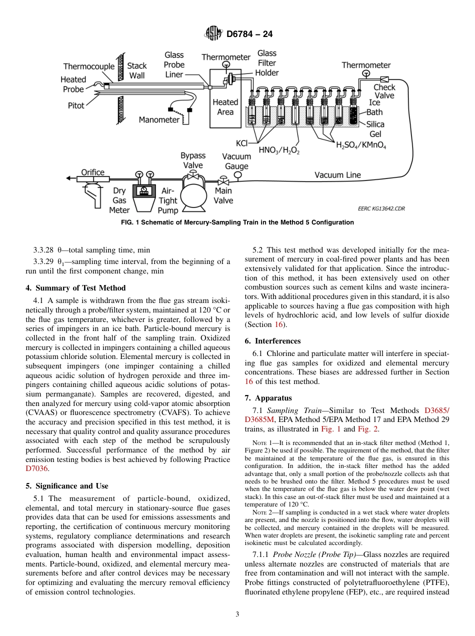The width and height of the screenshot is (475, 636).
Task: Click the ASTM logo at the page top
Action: [213, 34]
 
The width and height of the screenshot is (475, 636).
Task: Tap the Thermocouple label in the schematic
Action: [88, 66]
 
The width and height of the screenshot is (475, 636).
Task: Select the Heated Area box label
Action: [225, 107]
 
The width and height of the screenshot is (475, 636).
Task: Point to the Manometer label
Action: [159, 120]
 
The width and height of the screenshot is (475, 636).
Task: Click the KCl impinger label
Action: [241, 143]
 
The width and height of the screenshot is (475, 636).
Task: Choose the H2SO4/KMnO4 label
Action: [361, 145]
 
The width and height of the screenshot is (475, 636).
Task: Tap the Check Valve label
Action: [384, 91]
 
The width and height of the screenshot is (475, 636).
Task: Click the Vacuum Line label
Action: [337, 175]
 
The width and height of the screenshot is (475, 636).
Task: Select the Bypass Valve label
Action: [192, 161]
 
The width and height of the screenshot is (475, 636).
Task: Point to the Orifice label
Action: [93, 172]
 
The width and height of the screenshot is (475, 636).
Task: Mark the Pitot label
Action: [76, 106]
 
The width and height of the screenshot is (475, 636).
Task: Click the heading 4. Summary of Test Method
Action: [75, 288]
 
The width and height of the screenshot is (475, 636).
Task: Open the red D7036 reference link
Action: [35, 469]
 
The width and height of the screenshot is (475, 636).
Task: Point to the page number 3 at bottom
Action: [237, 614]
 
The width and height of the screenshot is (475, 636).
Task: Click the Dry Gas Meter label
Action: [119, 200]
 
